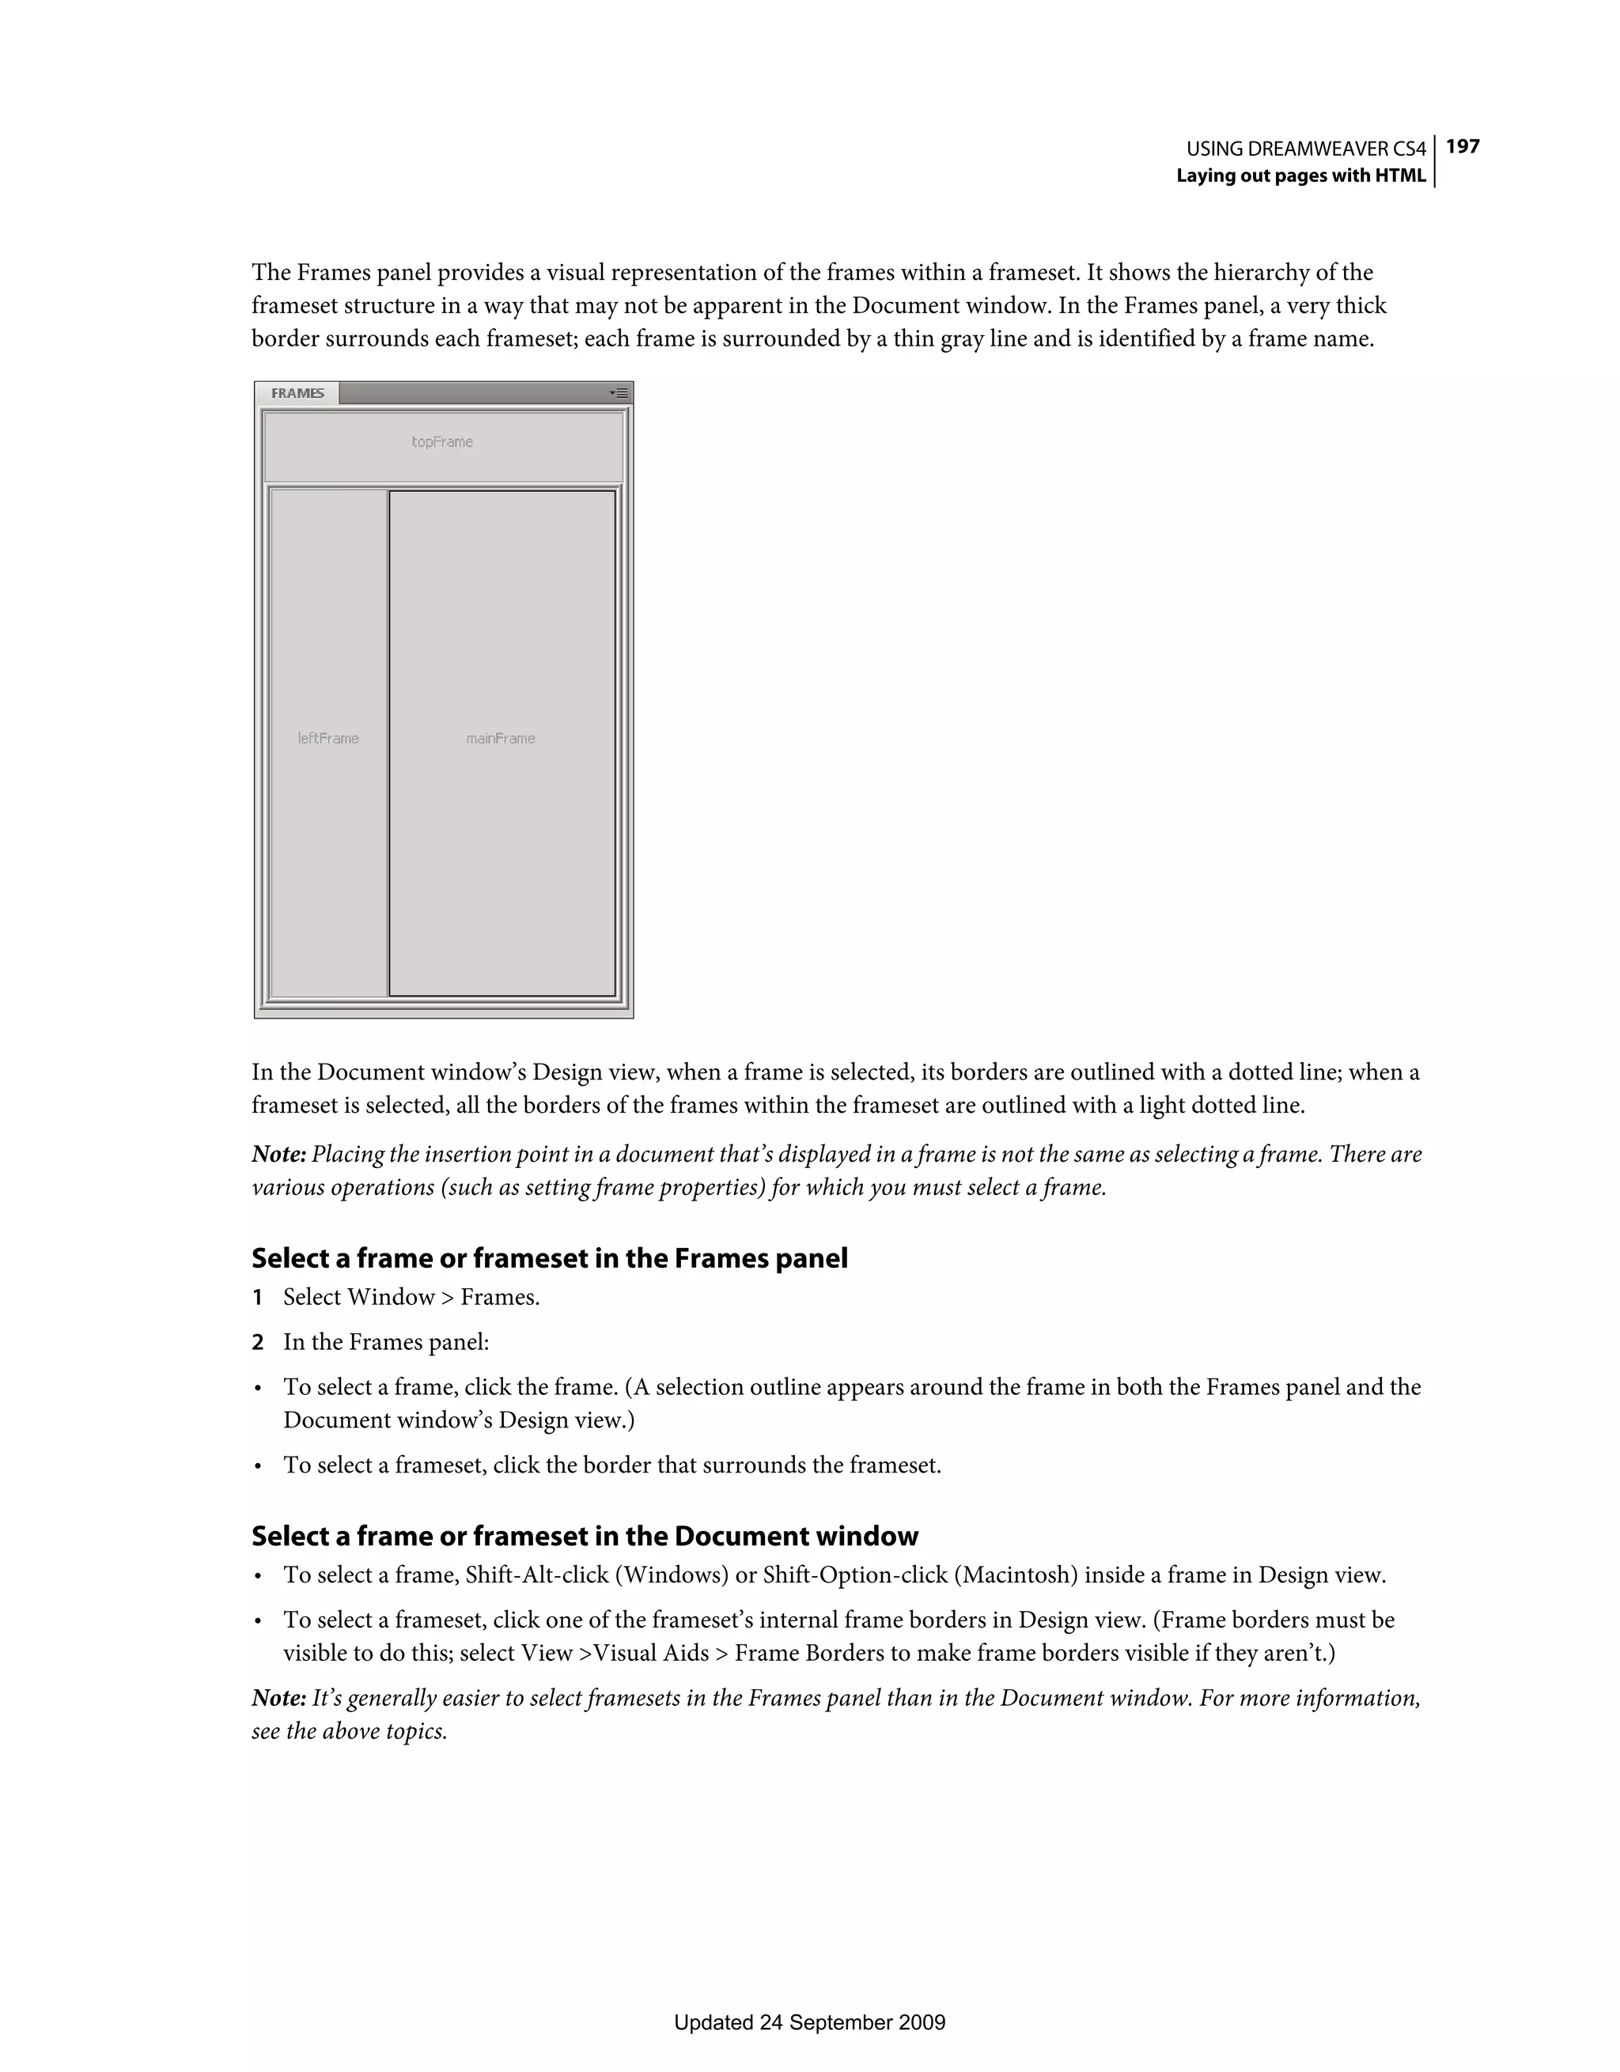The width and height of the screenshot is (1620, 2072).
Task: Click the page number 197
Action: [1463, 146]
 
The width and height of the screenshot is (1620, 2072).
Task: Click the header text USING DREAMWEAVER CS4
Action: [1306, 149]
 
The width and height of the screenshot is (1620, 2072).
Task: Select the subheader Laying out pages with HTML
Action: [1300, 176]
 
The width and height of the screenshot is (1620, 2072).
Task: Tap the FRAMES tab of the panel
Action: [297, 393]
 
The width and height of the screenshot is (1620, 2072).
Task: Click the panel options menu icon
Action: [619, 393]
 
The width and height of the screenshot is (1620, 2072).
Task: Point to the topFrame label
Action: [442, 442]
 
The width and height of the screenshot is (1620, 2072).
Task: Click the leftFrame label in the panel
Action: [328, 738]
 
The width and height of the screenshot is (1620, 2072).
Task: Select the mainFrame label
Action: [500, 738]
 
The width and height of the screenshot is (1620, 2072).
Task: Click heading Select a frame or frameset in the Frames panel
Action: [550, 1258]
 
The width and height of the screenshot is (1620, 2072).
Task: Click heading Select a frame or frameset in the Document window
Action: [585, 1536]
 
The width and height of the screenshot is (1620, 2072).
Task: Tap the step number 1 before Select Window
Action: [257, 1297]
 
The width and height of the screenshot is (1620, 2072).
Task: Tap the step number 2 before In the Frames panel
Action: [257, 1342]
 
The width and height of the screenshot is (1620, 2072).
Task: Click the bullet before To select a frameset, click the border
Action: [257, 1465]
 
